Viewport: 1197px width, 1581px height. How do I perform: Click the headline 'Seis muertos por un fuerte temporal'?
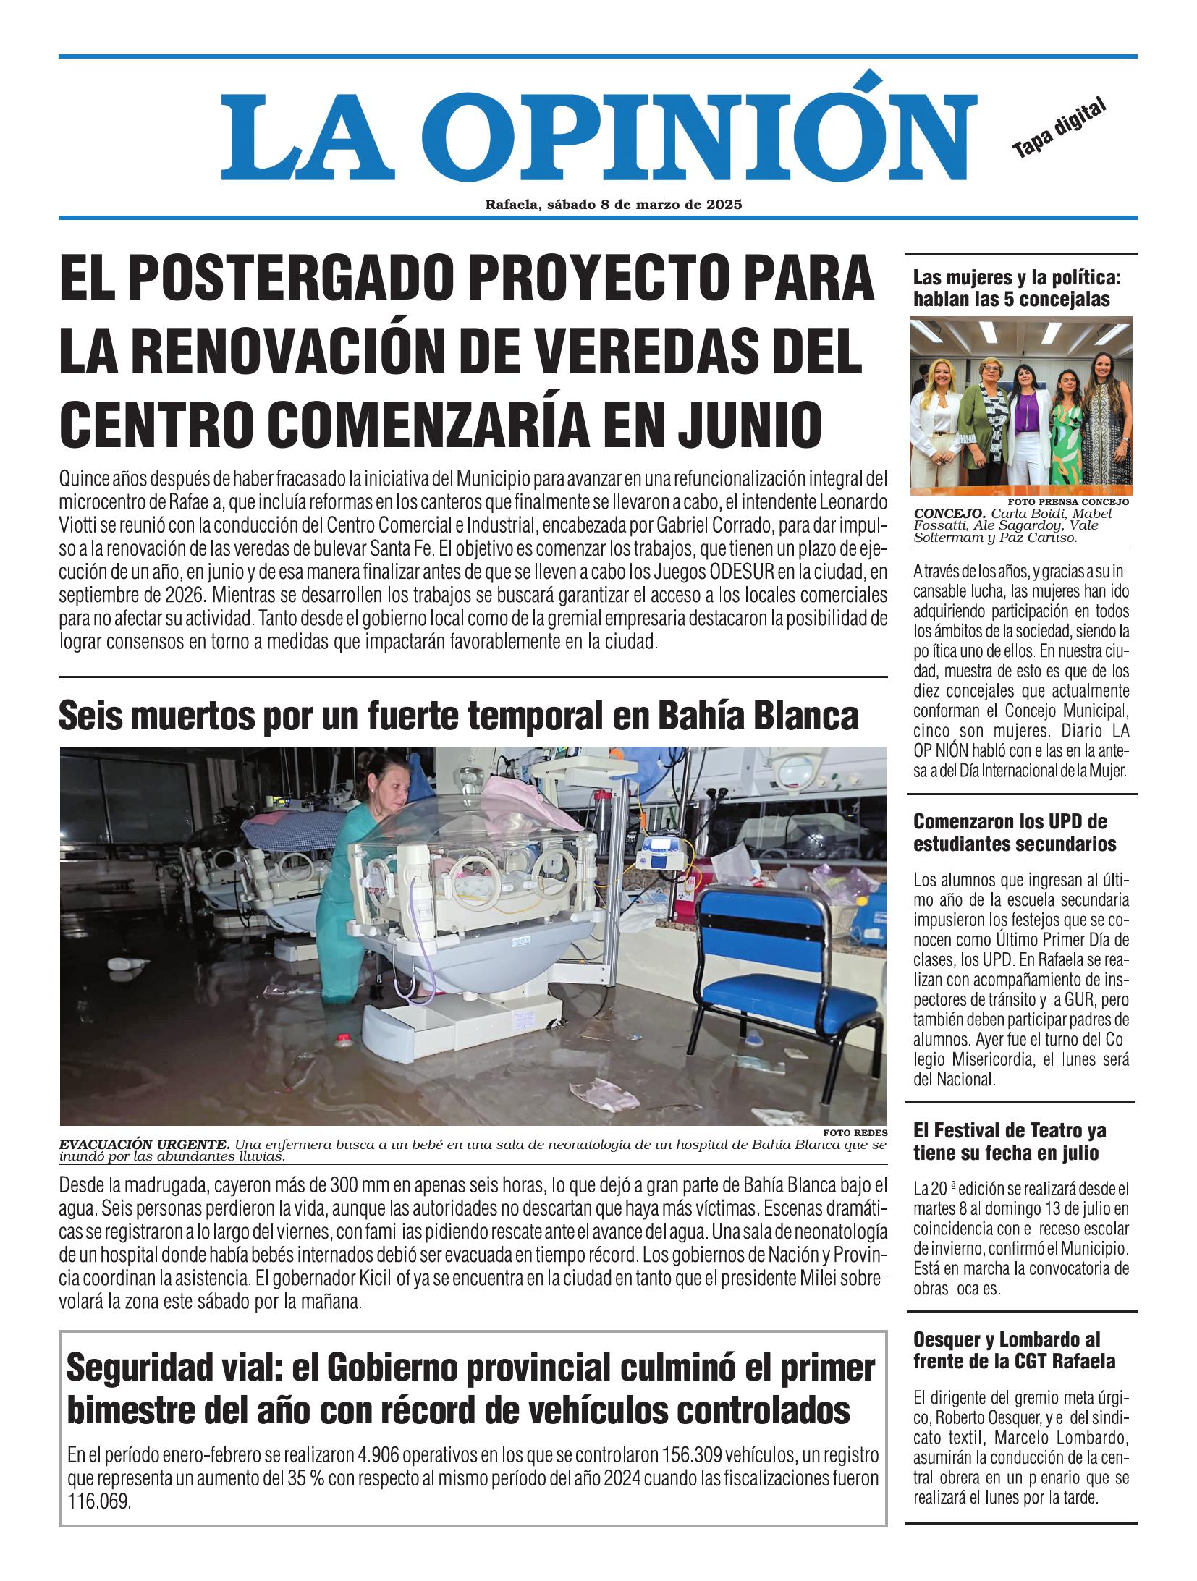[458, 716]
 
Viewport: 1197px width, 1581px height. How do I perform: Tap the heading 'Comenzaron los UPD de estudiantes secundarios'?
[1015, 832]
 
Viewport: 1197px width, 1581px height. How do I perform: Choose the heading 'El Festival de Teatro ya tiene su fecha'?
[1010, 1140]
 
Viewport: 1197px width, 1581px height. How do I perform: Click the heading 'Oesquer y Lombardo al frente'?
[1014, 1349]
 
